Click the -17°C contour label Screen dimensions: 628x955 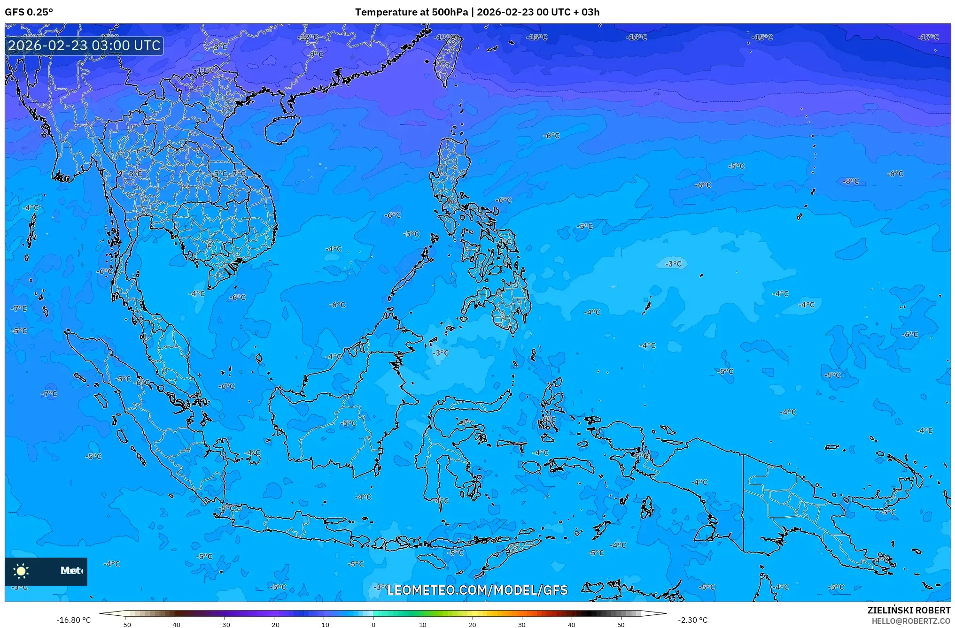click(929, 38)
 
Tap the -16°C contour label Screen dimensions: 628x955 click(637, 38)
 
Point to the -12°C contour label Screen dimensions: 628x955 click(309, 38)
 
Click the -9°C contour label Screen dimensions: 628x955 click(316, 55)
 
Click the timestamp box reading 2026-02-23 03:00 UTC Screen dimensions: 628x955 click(84, 46)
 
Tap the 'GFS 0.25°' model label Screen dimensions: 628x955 click(29, 12)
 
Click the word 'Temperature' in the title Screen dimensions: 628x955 click(385, 12)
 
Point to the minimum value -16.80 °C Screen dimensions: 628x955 click(74, 620)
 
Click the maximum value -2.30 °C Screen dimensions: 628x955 click(692, 620)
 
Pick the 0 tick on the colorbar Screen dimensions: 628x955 click(373, 625)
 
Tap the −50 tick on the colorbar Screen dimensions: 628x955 click(125, 625)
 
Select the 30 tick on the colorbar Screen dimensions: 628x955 click(522, 625)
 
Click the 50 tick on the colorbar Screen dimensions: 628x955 click(621, 625)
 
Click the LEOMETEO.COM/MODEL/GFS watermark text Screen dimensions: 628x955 click(477, 590)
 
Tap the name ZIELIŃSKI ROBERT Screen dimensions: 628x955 click(908, 610)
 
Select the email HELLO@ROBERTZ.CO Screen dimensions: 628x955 click(911, 621)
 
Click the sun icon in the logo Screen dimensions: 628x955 click(21, 571)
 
